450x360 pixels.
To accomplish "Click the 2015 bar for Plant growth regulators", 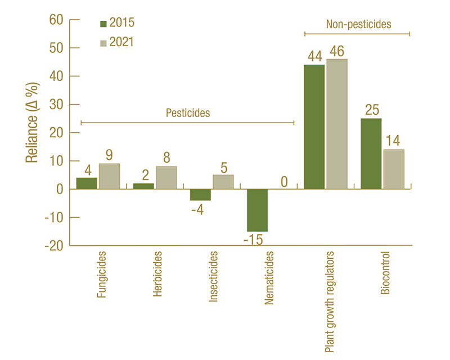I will (314, 127).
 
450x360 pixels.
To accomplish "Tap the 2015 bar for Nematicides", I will (258, 210).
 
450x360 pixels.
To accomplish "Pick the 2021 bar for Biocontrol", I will (393, 169).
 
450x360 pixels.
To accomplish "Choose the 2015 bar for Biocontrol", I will (371, 154).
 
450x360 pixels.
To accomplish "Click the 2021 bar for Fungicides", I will (109, 176).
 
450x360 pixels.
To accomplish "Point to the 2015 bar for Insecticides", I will (200, 195).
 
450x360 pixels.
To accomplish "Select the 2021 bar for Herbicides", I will (166, 178).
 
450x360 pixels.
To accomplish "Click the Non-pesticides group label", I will (358, 25).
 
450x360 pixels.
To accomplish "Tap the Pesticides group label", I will (187, 113).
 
